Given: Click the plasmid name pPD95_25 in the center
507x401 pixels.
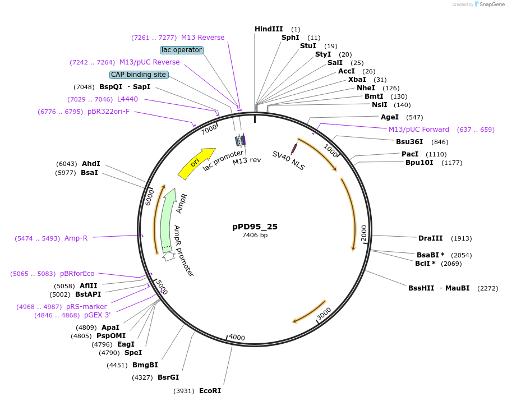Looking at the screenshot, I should tap(255, 227).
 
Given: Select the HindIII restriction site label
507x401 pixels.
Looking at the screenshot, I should tap(269, 29).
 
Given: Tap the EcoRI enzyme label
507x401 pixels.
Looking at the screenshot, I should tap(210, 390).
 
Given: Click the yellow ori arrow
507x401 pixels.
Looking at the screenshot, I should tap(196, 163).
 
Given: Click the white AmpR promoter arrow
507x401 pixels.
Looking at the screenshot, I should tap(169, 256).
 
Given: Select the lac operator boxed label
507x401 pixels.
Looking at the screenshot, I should tap(181, 50).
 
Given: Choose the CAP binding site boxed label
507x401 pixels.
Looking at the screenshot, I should tap(139, 75).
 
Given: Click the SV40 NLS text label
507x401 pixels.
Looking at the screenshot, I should tap(288, 160).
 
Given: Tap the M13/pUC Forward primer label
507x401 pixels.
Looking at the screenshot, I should tap(419, 130).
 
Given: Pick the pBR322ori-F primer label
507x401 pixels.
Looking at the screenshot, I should tap(108, 112).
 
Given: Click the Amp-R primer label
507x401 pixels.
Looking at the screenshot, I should tap(76, 238).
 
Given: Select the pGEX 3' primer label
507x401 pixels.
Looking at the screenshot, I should tap(97, 315).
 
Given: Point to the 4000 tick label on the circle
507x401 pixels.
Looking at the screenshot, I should tap(237, 337).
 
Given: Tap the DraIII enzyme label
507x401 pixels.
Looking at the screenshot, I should tap(430, 238).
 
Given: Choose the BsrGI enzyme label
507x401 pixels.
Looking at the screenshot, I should tap(168, 377).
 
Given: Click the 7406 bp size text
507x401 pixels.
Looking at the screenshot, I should tap(255, 236).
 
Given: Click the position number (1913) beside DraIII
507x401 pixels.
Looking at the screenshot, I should tap(461, 238).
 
